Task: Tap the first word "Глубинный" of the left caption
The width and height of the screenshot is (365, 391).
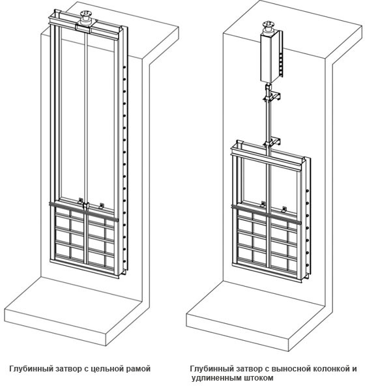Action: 31,369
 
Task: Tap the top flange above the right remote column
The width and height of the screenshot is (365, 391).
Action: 268,24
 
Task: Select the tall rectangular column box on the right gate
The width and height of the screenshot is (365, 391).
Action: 270,57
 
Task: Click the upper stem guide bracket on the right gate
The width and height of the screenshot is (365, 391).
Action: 272,96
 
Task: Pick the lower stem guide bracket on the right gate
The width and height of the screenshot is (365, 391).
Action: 272,141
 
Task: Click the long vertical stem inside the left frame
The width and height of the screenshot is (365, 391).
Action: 86,117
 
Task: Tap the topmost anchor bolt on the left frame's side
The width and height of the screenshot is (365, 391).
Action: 124,67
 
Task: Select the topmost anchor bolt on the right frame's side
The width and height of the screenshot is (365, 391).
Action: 308,190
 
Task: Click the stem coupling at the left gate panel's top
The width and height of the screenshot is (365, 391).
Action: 86,206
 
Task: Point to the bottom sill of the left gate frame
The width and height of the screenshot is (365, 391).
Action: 84,268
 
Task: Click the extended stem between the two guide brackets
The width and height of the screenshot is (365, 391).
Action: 268,120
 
